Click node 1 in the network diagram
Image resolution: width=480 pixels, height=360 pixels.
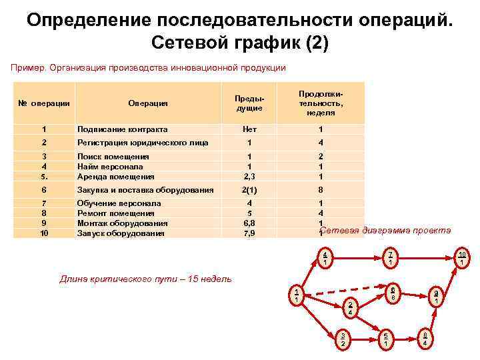point(296,294)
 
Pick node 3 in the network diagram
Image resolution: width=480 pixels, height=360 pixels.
point(343,338)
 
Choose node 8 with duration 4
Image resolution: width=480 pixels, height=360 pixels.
point(425,337)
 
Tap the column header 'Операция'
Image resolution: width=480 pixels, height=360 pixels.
point(148,103)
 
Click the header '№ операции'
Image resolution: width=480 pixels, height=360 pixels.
point(44,103)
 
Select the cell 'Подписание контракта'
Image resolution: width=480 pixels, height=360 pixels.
point(123,129)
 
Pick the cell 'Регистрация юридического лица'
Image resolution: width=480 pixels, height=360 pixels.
point(143,143)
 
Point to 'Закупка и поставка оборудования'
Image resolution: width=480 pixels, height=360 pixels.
point(145,190)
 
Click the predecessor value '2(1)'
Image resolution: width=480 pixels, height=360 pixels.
point(249,190)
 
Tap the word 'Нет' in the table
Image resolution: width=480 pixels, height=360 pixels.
point(249,129)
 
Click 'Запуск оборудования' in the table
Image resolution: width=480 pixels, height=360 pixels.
point(120,233)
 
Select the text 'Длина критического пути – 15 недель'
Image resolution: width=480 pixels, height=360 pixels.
point(146,279)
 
